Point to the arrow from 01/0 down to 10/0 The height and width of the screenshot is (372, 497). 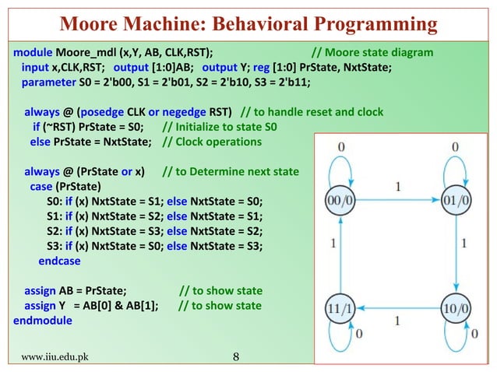click(x=456, y=254)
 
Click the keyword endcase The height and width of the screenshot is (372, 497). click(x=59, y=261)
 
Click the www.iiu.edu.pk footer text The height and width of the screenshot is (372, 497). click(x=55, y=358)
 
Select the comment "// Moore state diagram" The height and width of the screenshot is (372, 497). click(x=372, y=53)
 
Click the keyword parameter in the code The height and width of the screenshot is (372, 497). click(x=48, y=82)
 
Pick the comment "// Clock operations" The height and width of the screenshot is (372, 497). click(x=212, y=142)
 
